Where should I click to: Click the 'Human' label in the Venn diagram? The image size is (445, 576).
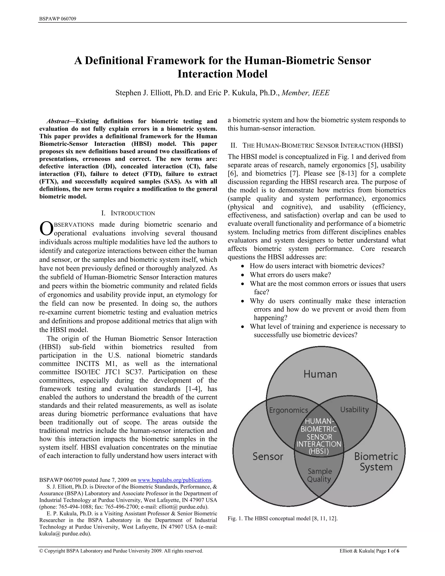[x=320, y=374]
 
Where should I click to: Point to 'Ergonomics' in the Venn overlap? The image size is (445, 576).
[x=288, y=410]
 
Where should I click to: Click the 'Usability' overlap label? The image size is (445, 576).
[x=354, y=410]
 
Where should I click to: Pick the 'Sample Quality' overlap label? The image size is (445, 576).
[x=319, y=475]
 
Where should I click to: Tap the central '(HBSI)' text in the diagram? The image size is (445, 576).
[x=319, y=451]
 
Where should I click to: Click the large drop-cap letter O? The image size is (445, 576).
[x=46, y=229]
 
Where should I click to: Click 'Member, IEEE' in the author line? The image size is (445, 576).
[x=306, y=93]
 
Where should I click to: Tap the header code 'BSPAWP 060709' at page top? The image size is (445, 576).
[x=58, y=19]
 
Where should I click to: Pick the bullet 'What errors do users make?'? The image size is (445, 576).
[x=290, y=275]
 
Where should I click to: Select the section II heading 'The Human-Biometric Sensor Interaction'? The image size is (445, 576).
[x=316, y=145]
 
